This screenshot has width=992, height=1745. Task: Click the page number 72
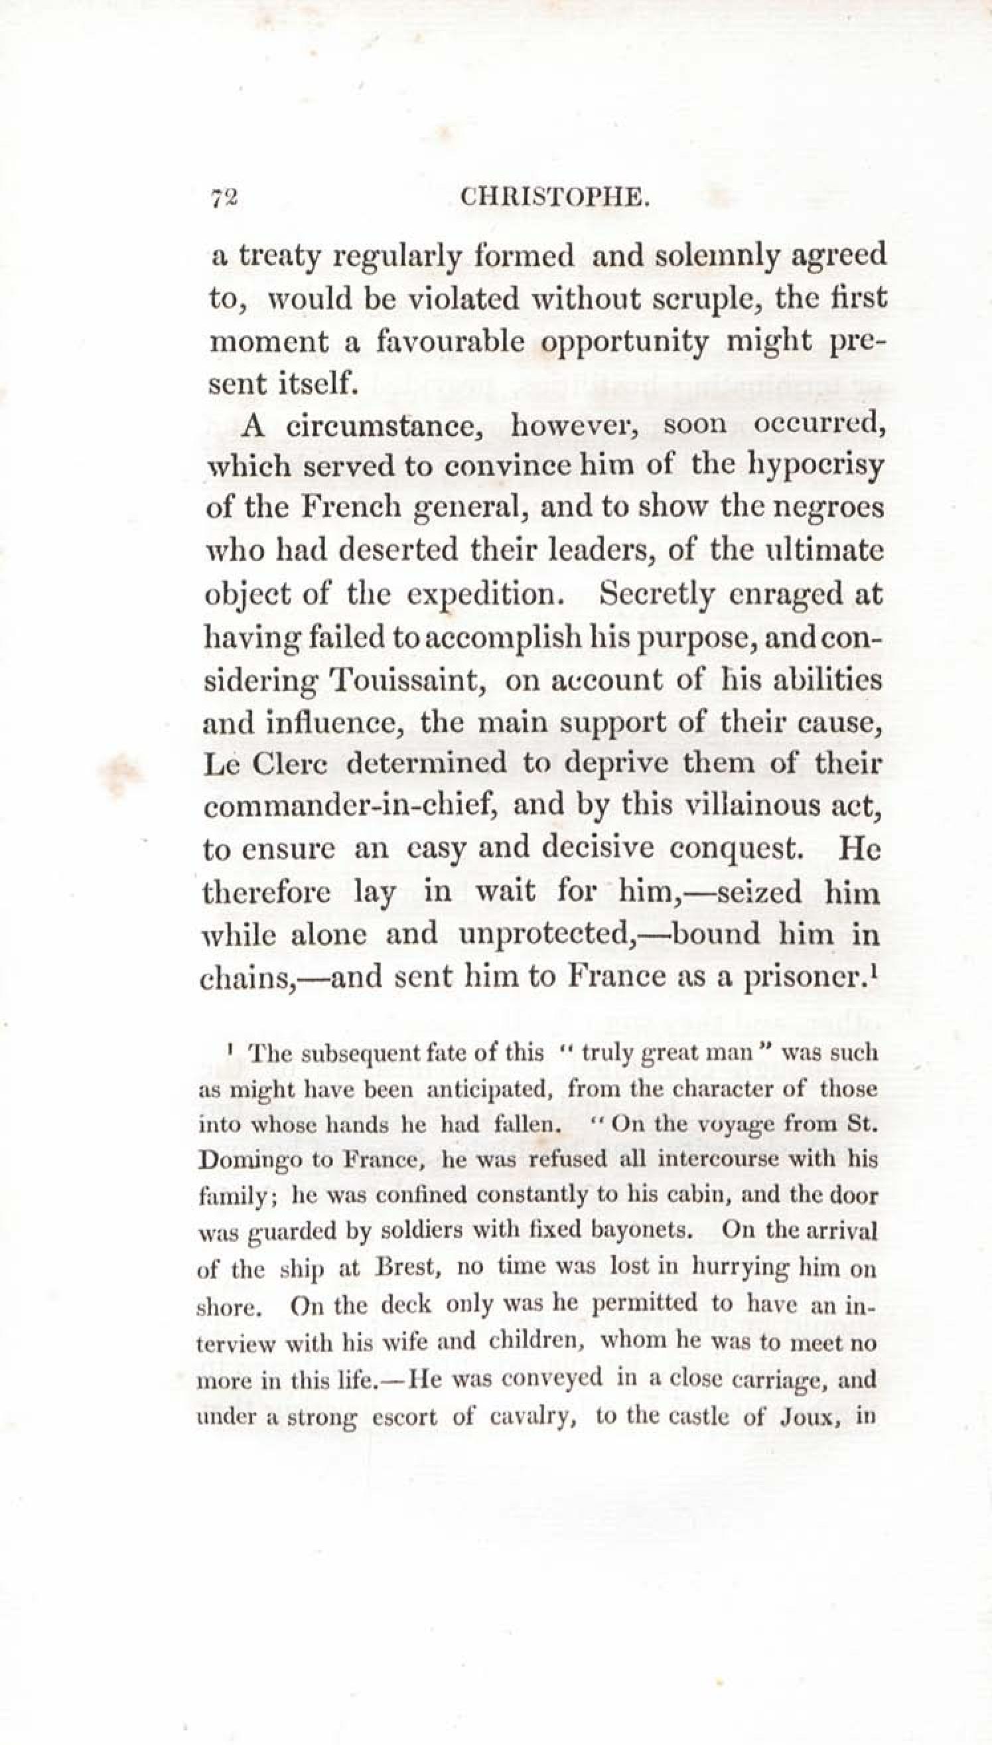tap(224, 198)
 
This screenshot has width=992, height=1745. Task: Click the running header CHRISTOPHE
tap(553, 198)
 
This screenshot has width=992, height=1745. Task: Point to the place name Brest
tap(403, 1268)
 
